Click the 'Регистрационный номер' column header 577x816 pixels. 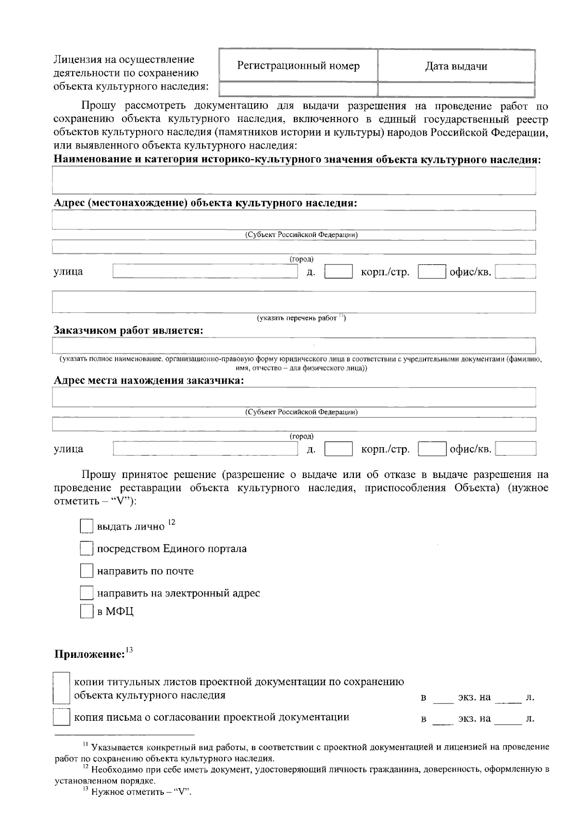[298, 66]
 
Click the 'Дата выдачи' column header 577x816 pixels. [456, 66]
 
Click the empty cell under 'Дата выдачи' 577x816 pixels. [456, 89]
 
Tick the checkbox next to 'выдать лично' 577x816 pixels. [86, 526]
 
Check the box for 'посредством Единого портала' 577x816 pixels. [86, 549]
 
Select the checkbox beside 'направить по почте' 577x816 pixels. [86, 571]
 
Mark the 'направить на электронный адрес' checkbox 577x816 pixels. [86, 593]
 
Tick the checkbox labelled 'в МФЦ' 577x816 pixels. [86, 612]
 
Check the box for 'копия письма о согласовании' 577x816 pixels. [61, 718]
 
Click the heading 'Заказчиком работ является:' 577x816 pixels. [128, 331]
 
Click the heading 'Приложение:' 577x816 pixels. [89, 654]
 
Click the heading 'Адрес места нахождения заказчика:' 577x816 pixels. [149, 381]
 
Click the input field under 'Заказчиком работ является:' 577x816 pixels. [294, 346]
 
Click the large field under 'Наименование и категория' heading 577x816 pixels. [294, 180]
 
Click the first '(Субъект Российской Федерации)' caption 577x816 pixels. [301, 235]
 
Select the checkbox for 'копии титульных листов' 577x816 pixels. [61, 688]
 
